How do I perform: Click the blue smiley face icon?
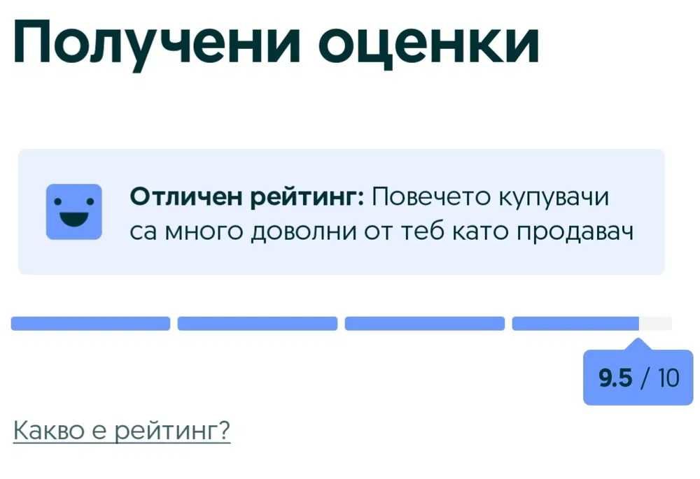click(74, 212)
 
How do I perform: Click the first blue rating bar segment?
click(90, 323)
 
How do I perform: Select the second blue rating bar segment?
click(258, 323)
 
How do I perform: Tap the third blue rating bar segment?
click(425, 323)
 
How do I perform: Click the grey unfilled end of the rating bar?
click(656, 323)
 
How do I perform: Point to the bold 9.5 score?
click(615, 378)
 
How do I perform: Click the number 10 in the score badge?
click(668, 378)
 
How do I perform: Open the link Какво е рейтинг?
click(122, 430)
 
